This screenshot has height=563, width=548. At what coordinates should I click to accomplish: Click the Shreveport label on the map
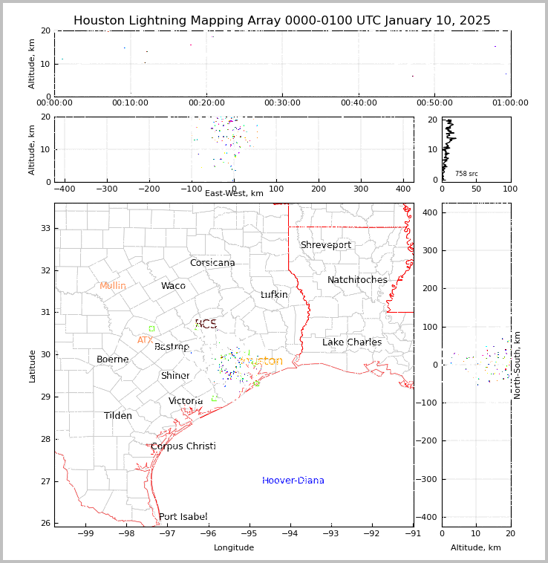(325, 245)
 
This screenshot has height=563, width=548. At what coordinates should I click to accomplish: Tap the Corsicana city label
(212, 263)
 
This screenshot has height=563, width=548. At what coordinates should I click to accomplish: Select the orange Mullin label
(113, 286)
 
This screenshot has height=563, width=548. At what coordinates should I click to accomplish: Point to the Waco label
(173, 286)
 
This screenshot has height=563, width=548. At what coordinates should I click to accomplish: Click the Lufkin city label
(274, 295)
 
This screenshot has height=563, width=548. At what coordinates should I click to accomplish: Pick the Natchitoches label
(357, 280)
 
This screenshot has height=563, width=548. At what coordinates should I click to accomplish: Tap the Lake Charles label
(352, 342)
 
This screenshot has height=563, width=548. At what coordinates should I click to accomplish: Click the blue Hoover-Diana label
(293, 481)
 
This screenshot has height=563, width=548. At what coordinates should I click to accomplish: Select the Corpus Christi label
(183, 446)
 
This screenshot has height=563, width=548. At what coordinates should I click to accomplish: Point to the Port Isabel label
(183, 517)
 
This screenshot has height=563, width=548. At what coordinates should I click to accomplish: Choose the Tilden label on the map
(118, 416)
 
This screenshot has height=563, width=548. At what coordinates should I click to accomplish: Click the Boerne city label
(113, 359)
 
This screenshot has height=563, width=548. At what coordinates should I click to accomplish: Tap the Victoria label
(186, 401)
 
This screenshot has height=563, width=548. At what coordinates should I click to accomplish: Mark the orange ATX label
(145, 340)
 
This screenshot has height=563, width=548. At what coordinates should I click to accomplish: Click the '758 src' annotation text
(466, 174)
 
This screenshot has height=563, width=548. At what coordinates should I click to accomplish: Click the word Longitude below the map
(234, 547)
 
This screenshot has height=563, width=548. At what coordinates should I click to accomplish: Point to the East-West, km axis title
(234, 193)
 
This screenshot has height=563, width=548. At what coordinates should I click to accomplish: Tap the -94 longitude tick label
(290, 533)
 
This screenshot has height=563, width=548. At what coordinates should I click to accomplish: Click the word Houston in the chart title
(103, 21)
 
